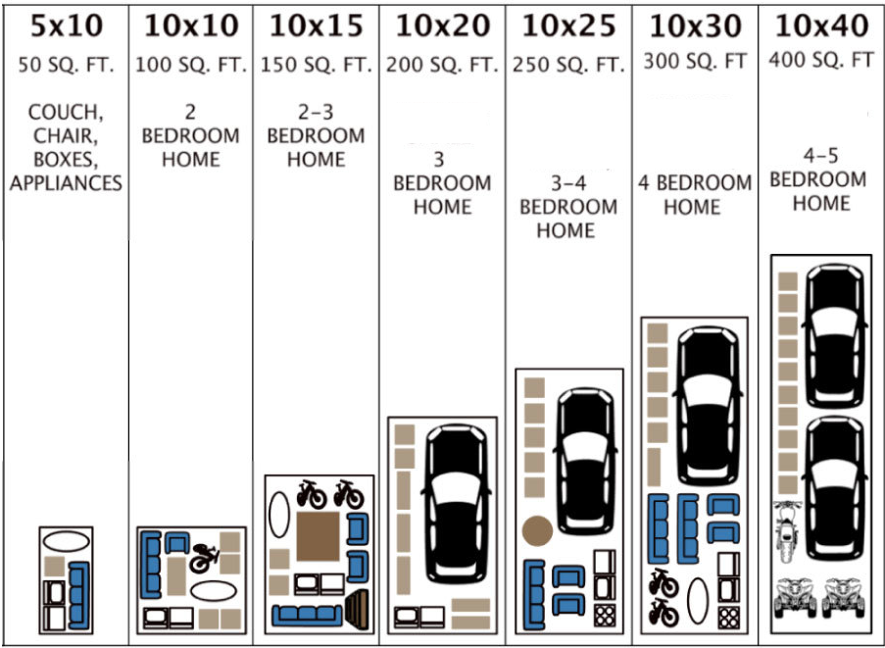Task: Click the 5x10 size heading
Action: point(67,26)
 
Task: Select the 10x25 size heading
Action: point(568,26)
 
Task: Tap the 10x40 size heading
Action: point(821,25)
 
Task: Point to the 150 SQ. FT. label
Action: point(316,65)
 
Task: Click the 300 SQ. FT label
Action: point(695,62)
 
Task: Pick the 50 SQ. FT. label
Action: point(66,65)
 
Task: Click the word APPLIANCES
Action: point(66,183)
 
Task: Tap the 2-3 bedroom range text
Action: point(316,113)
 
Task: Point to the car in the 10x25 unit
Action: point(586,461)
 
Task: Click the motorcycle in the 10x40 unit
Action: point(787,531)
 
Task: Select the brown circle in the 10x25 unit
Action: point(537,531)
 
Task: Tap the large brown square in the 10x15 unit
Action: point(319,536)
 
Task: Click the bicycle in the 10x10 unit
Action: point(204,558)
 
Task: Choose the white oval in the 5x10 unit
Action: point(67,542)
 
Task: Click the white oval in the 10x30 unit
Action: point(697,601)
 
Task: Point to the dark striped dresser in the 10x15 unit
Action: point(357,609)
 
